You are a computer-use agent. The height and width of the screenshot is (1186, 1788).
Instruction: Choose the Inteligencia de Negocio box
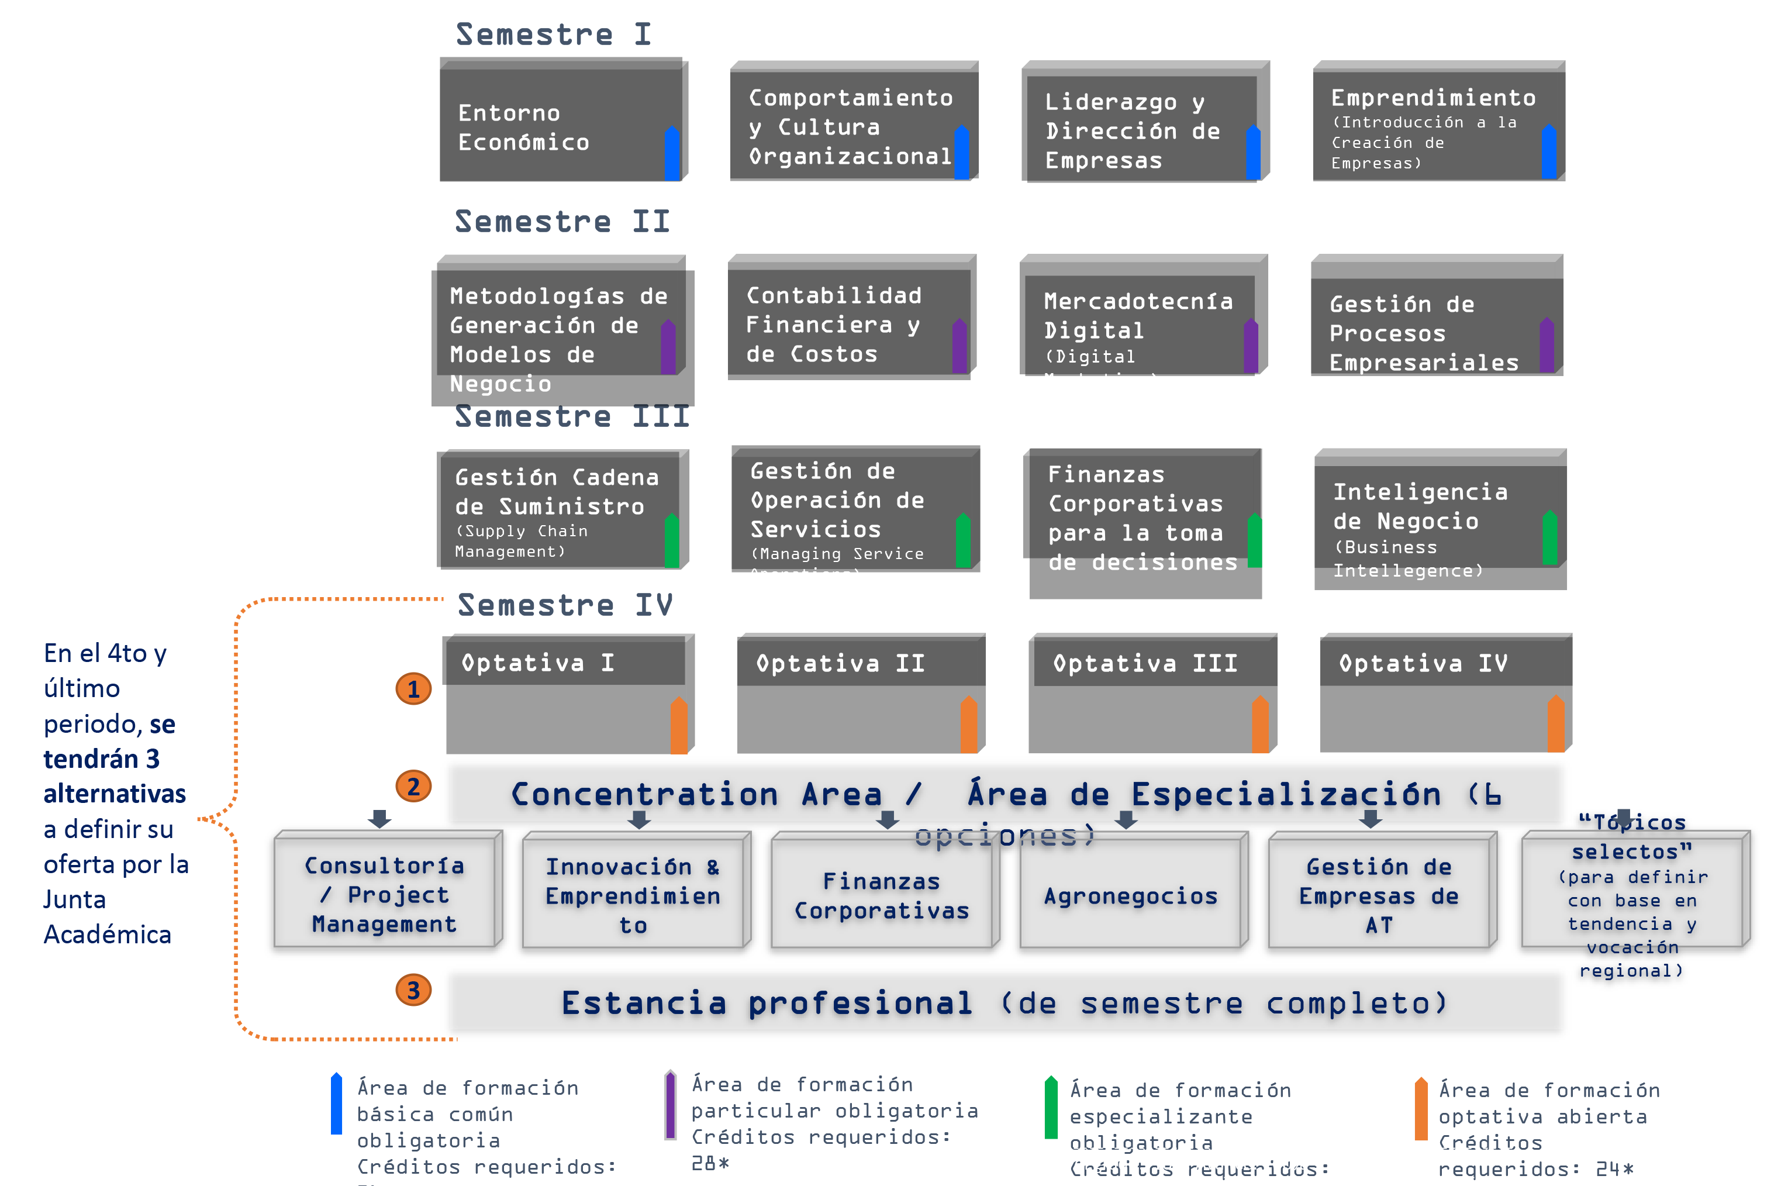1439,522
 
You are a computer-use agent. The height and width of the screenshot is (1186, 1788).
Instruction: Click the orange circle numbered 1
413,689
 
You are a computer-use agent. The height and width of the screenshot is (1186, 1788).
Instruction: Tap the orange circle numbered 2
413,787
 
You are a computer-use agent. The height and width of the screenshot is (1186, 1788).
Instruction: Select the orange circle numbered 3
413,990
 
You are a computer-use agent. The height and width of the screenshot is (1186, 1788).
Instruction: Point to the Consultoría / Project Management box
385,892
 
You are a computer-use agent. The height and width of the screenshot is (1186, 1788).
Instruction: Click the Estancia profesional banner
1004,1003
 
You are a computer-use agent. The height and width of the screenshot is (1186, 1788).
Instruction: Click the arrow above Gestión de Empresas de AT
1370,818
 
